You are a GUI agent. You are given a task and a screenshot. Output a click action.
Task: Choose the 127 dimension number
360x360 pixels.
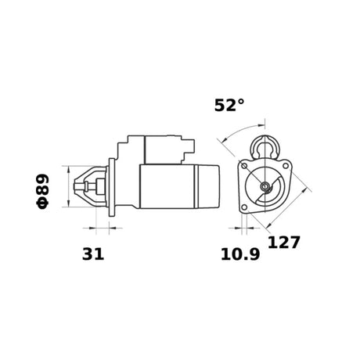point(284,243)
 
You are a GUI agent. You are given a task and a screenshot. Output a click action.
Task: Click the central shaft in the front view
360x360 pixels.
point(266,186)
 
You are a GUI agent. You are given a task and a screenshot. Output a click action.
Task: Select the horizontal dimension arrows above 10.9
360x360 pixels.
point(246,229)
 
